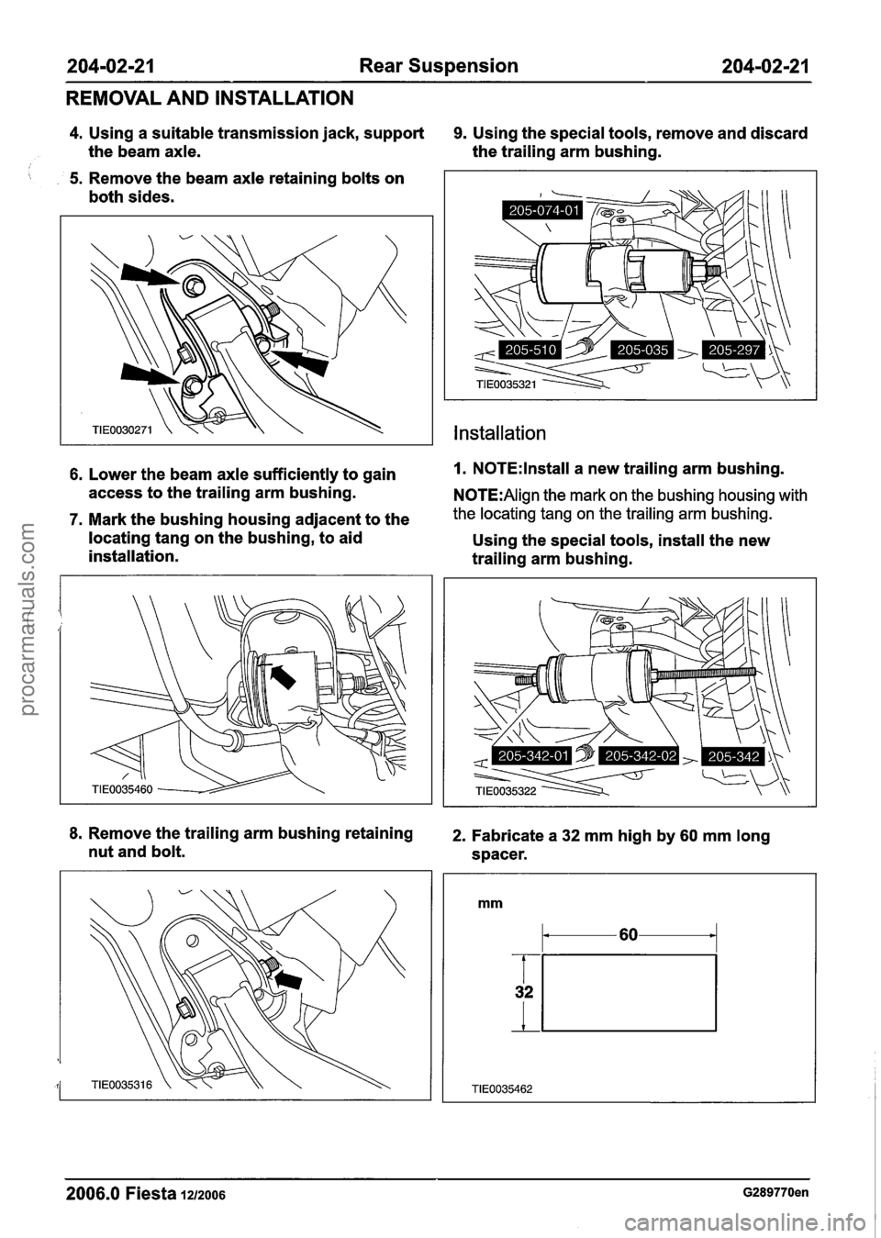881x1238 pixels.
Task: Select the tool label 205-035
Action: [x=641, y=349]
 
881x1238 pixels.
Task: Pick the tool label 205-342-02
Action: [x=638, y=754]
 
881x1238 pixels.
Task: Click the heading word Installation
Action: [x=495, y=433]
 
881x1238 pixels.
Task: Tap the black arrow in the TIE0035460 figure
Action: [x=281, y=673]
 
